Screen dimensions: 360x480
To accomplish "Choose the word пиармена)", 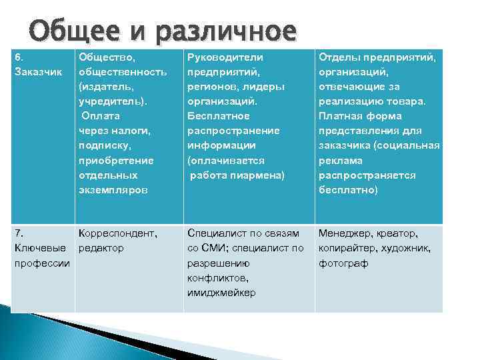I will (257, 175).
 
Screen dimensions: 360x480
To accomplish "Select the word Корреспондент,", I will (118, 233).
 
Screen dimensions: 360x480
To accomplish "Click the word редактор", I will (101, 248).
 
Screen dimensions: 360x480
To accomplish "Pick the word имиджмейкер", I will (221, 292).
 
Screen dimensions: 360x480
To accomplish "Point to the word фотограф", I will (343, 263).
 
